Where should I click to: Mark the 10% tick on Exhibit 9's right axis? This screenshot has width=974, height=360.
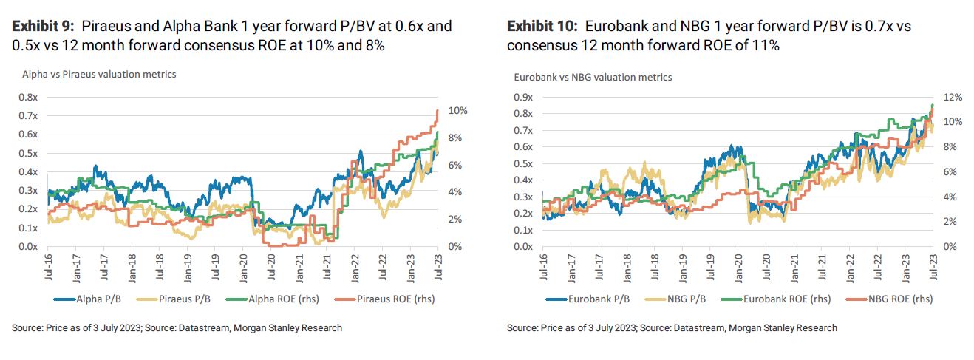pos(457,111)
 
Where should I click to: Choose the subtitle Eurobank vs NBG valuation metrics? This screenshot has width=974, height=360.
pos(593,77)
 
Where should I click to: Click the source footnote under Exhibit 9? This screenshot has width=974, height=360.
pos(177,327)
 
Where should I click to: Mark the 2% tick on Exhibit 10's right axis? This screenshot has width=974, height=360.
pos(951,222)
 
